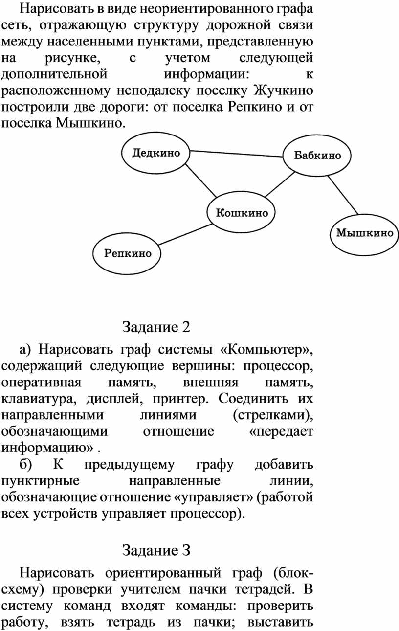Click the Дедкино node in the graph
click(155, 153)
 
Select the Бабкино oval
click(317, 155)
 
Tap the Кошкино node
click(241, 212)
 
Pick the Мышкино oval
click(364, 233)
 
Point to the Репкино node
click(127, 253)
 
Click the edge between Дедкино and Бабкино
click(237, 154)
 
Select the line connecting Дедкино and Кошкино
click(201, 180)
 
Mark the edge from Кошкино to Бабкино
click(280, 184)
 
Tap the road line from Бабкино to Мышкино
click(343, 195)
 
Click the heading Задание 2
click(156, 327)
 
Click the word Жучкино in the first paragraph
click(284, 90)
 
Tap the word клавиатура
click(39, 399)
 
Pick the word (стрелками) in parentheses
click(273, 415)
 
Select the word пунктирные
click(41, 481)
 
